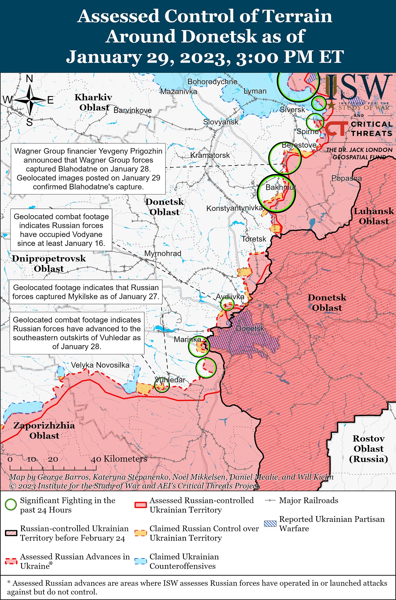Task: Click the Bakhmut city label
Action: [280, 187]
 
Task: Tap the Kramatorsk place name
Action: [210, 155]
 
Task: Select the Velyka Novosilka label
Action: [100, 365]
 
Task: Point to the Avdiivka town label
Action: [230, 296]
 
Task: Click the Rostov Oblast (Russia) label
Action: [368, 448]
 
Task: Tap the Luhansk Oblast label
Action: [374, 216]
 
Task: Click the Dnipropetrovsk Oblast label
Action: [49, 263]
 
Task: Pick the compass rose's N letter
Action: [30, 79]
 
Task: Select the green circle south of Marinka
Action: [206, 367]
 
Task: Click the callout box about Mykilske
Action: [85, 292]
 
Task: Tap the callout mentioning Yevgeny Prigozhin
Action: [88, 169]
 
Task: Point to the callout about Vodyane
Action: [61, 230]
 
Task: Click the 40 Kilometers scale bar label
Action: [119, 459]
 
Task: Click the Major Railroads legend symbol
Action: [270, 500]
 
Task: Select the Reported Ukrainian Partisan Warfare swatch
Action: [270, 524]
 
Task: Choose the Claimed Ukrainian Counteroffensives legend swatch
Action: [140, 561]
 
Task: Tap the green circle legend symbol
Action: [11, 504]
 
